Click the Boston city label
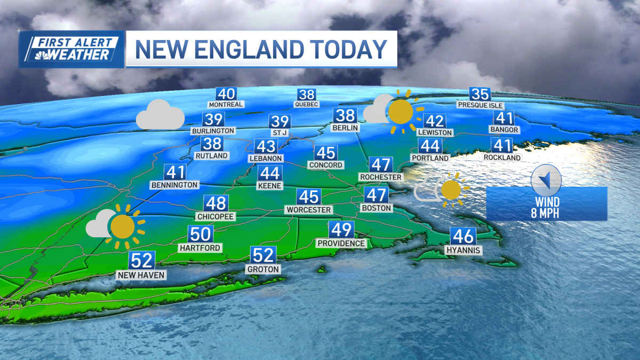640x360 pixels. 377,207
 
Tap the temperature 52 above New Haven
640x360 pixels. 142,261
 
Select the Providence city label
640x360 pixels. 341,243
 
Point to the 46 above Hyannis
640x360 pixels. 463,236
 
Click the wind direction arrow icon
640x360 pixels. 546,179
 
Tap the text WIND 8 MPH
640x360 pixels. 548,208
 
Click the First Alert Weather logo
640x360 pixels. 71,49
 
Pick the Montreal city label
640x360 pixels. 226,105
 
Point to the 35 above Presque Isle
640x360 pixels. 480,94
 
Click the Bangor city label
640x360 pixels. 504,130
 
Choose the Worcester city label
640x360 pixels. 309,210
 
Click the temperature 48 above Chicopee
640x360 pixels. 216,203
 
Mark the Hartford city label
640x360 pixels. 200,248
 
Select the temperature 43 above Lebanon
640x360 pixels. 265,146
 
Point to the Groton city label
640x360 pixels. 263,269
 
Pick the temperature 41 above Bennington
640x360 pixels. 175,172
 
